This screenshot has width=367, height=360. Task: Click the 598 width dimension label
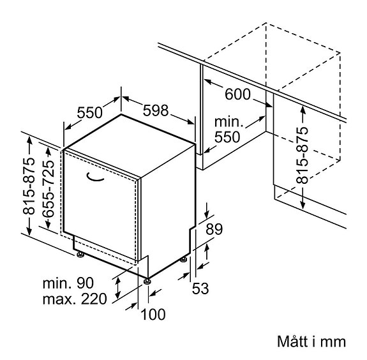coord(156,110)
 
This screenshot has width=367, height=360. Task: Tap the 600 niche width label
coord(237,94)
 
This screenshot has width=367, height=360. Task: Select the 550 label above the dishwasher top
coord(89,112)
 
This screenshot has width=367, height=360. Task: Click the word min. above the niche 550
coord(227,122)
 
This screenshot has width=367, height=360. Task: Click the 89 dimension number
coord(214,229)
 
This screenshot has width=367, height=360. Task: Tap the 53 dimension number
coord(200,289)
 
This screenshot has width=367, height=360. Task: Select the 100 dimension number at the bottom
coord(153,314)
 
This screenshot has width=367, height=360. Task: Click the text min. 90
coord(68,283)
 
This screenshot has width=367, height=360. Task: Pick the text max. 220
coord(75,299)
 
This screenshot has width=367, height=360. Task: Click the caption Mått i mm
coord(311,341)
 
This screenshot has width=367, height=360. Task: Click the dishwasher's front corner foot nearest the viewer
coord(147,281)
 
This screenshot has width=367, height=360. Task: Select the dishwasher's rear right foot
coord(183,259)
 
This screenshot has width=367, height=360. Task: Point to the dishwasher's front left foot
coord(80,254)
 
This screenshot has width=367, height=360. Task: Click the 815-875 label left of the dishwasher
coord(29,186)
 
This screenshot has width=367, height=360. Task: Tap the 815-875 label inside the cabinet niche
coord(302,155)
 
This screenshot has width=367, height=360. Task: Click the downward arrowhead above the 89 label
coord(207,214)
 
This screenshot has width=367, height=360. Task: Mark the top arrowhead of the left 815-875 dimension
coord(29,140)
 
